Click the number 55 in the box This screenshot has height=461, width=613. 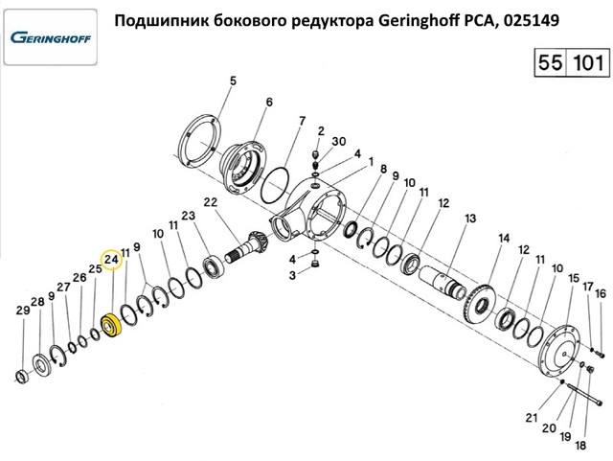pyautogui.click(x=550, y=66)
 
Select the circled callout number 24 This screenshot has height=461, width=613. pyautogui.click(x=111, y=260)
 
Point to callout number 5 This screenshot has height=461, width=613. pyautogui.click(x=231, y=82)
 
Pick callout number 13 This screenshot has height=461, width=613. pyautogui.click(x=469, y=219)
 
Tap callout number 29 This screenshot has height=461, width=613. pyautogui.click(x=22, y=311)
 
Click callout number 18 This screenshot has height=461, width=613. pyautogui.click(x=579, y=445)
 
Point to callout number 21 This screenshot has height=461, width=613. pyautogui.click(x=532, y=417)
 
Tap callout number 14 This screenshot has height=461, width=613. pyautogui.click(x=504, y=239)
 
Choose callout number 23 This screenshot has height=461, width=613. pyautogui.click(x=188, y=216)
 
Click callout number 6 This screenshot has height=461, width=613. pyautogui.click(x=268, y=102)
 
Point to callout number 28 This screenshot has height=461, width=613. pyautogui.click(x=37, y=302)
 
